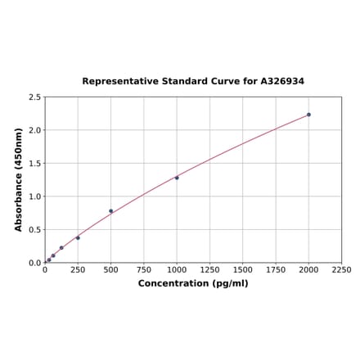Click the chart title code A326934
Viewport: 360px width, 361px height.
(282, 82)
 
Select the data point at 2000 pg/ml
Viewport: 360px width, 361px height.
(308, 115)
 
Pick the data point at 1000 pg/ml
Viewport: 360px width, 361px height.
(177, 178)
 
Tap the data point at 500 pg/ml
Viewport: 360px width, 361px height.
(111, 211)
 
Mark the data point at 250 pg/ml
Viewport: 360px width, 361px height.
(78, 238)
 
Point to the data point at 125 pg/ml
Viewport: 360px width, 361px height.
(61, 248)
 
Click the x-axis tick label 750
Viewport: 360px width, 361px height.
(144, 269)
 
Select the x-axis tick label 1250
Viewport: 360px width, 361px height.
(209, 269)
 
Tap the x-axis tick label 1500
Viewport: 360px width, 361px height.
(242, 269)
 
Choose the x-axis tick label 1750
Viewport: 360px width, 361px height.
(276, 269)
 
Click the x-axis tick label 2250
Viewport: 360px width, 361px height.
(341, 269)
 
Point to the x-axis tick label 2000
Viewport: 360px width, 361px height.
(308, 269)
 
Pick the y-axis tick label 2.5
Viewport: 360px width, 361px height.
(35, 97)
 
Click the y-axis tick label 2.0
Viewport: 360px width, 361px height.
(35, 130)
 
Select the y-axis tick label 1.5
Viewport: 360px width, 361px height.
(35, 164)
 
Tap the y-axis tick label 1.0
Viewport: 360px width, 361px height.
(35, 196)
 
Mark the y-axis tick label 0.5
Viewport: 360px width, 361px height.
(35, 230)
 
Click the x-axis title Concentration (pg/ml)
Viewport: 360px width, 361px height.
(193, 283)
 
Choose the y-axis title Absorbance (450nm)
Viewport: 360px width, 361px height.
(19, 179)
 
